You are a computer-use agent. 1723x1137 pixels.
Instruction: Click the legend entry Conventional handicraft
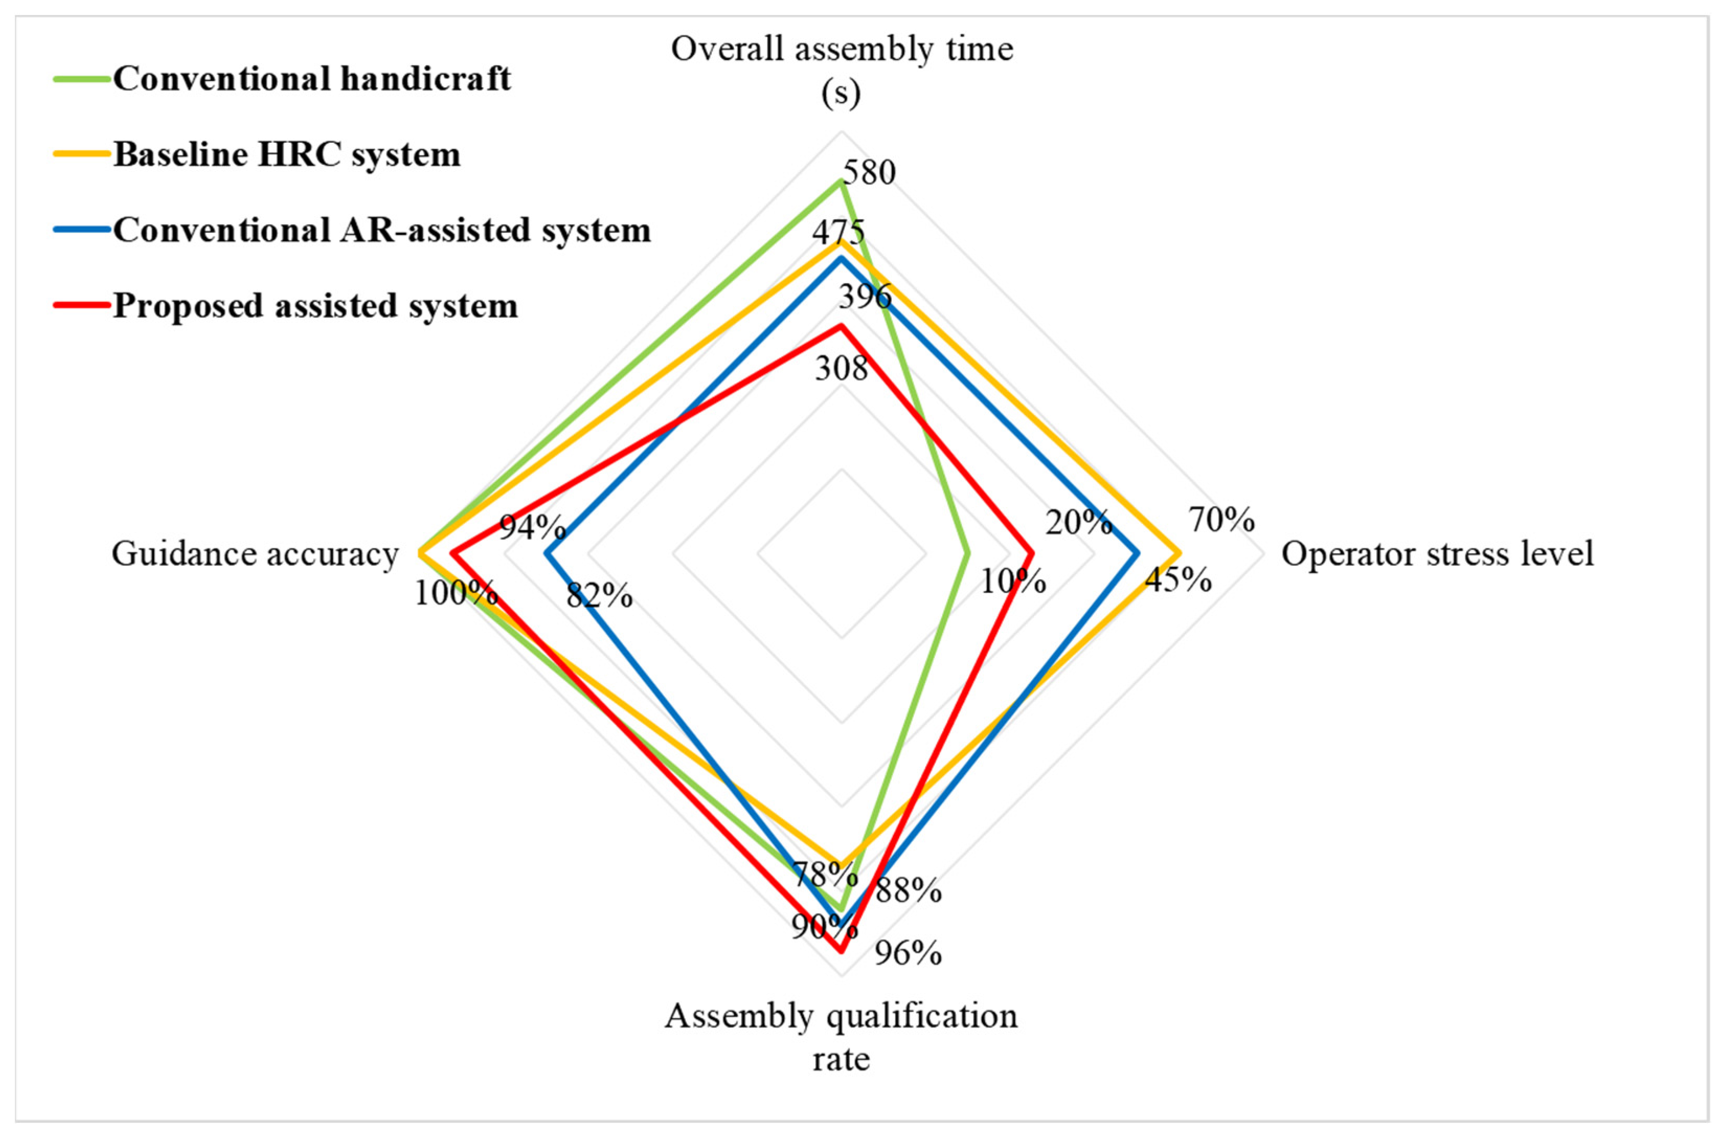312,78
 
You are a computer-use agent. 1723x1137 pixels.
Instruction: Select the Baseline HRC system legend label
287,154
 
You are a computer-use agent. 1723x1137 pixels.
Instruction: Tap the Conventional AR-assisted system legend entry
382,230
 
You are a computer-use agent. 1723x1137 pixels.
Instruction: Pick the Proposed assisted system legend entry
315,305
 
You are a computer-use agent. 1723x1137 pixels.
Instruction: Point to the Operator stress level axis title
1437,554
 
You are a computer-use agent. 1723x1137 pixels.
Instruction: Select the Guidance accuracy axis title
255,554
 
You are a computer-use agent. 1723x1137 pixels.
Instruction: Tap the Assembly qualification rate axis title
841,1037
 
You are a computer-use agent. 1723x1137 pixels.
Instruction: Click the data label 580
869,173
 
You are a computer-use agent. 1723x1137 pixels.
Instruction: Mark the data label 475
838,233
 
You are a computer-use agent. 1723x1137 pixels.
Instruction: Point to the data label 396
866,296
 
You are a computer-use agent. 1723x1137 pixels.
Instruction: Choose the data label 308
841,368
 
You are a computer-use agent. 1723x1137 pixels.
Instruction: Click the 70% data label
1221,520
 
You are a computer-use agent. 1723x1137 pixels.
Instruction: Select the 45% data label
1177,579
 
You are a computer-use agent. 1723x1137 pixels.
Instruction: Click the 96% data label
908,953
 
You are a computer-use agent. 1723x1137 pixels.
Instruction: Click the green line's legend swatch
82,78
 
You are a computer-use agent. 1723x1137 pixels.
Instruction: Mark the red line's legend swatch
82,305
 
